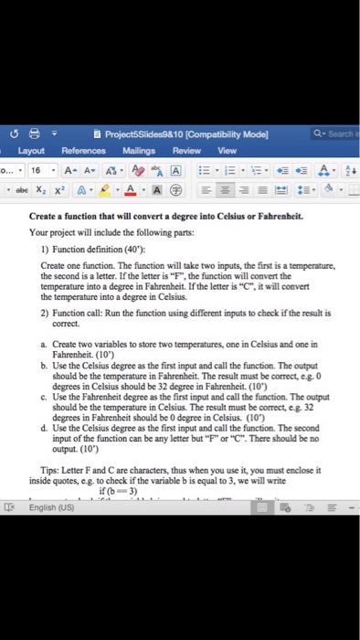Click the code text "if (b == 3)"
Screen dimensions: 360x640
coord(116,490)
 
